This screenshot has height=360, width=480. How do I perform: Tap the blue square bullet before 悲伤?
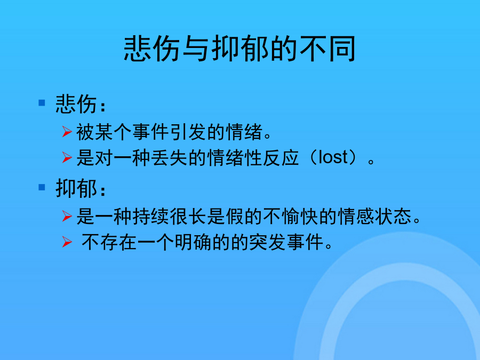click(42, 102)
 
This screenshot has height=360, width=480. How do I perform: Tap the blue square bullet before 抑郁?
click(42, 187)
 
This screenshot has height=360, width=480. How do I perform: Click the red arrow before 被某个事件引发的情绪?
click(67, 131)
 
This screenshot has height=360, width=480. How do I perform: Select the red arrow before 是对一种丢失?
click(67, 157)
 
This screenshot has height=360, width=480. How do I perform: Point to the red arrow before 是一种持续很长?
click(67, 216)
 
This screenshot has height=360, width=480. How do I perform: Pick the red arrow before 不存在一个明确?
click(67, 242)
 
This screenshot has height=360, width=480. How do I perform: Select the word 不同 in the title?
click(327, 49)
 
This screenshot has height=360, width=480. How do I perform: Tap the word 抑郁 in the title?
click(239, 49)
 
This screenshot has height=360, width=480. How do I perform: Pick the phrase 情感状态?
click(374, 217)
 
